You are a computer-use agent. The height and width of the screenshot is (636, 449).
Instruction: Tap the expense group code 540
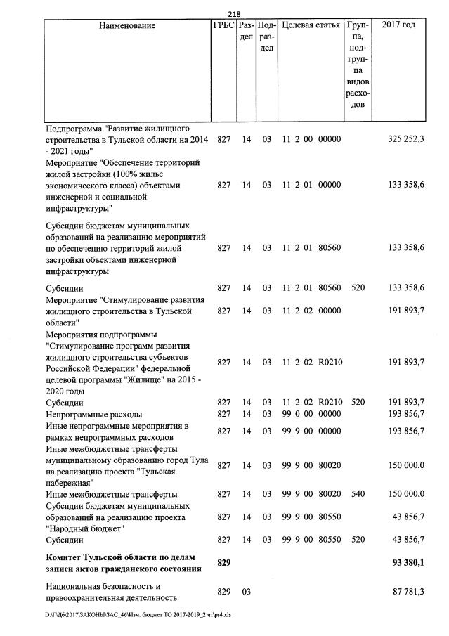357,494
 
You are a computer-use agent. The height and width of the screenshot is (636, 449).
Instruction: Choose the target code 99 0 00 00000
311,414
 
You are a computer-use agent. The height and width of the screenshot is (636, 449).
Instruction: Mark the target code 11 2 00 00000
311,139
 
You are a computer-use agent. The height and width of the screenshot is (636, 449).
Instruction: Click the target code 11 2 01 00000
311,185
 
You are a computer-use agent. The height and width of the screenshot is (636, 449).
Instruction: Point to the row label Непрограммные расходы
93,414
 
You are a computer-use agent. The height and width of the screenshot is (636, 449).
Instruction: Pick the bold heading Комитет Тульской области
119,557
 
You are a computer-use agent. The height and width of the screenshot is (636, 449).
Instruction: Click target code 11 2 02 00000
311,310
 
